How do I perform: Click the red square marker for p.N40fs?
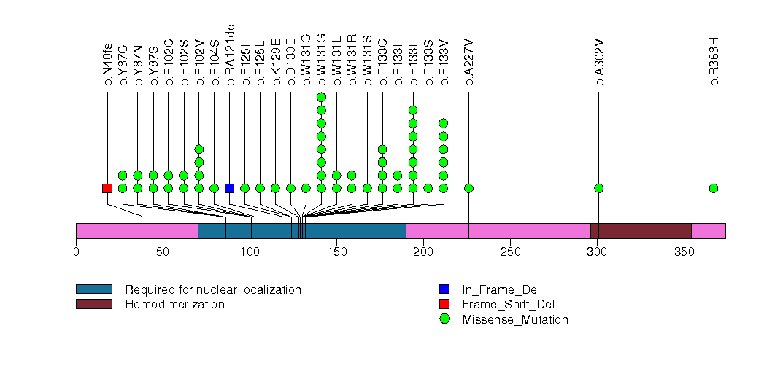107,188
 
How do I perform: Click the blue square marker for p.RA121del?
230,188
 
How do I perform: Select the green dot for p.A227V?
468,188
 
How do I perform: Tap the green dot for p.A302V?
599,188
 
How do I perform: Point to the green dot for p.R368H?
714,188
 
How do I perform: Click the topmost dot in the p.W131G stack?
321,98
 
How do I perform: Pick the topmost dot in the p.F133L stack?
413,111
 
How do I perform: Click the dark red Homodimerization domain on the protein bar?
640,230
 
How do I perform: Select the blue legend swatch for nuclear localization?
93,289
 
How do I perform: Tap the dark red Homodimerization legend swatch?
93,304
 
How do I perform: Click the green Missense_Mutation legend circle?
445,319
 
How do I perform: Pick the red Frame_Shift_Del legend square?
445,304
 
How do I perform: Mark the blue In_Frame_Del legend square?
445,289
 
